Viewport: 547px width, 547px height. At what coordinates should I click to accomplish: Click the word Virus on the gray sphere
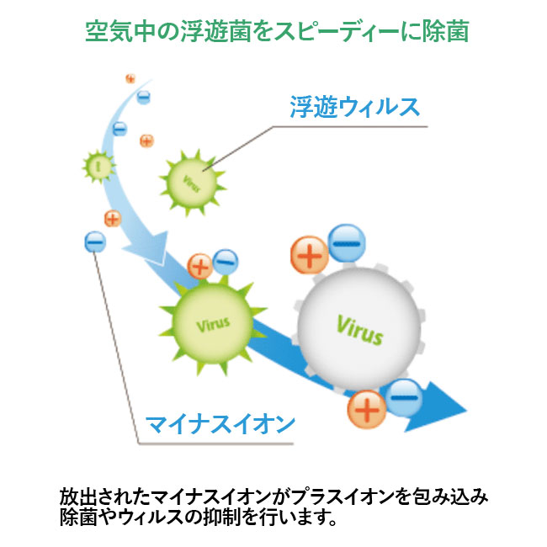click(359, 329)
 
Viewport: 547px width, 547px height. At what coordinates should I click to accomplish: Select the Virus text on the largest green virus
click(212, 322)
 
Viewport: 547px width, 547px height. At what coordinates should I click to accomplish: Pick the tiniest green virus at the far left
click(98, 166)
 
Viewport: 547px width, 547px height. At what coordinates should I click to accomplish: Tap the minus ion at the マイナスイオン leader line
click(95, 242)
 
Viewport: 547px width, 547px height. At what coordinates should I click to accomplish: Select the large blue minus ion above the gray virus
click(347, 242)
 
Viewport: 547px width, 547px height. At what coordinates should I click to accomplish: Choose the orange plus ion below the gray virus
click(367, 410)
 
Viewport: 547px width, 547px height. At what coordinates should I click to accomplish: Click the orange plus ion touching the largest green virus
click(200, 268)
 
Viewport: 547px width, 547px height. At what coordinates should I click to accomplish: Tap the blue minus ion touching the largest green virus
click(226, 260)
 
